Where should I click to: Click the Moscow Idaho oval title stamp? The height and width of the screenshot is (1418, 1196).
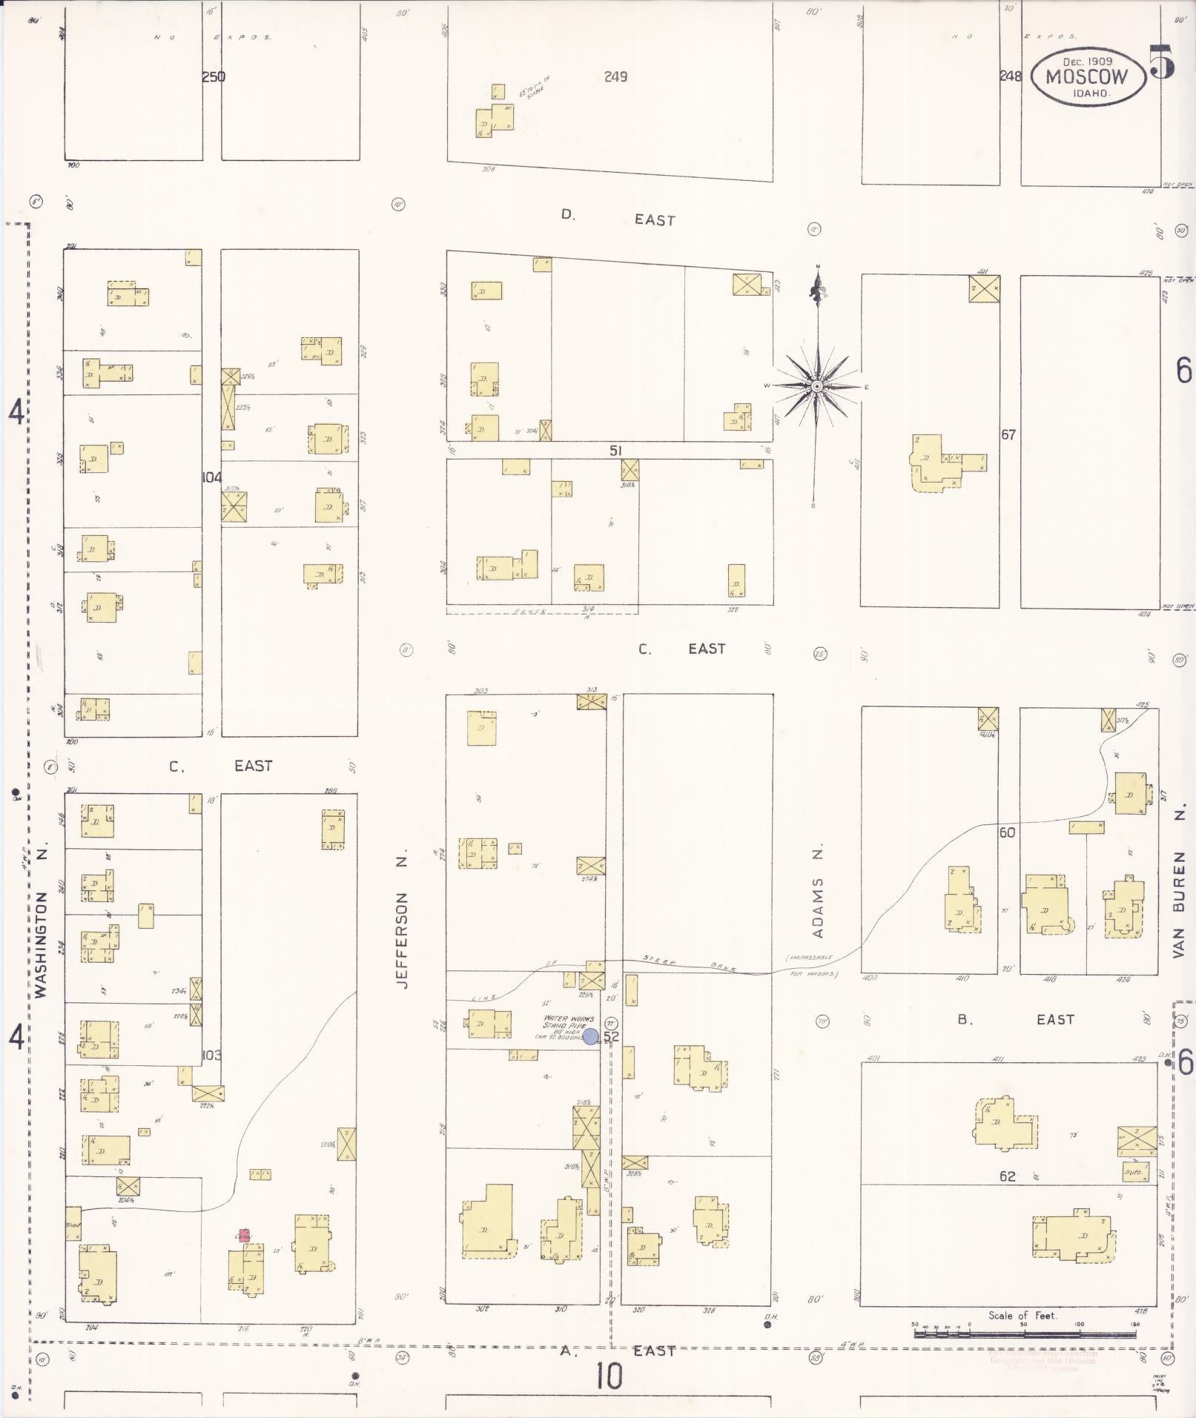click(x=1087, y=77)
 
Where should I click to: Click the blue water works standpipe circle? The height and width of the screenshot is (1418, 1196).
click(x=591, y=1036)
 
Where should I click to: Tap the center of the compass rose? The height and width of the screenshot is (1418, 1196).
click(x=816, y=386)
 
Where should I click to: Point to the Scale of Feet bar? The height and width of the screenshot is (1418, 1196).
click(x=1024, y=1333)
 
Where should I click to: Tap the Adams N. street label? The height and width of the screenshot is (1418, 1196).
click(x=818, y=892)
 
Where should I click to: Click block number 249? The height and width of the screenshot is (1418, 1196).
click(x=615, y=76)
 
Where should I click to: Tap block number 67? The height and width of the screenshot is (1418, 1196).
click(x=1008, y=434)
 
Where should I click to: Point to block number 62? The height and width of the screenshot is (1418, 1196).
click(x=1007, y=1176)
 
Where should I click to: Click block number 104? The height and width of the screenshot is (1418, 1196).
click(x=212, y=477)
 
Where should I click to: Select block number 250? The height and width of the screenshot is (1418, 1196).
click(x=214, y=76)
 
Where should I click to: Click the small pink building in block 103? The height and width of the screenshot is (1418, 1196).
click(x=244, y=1235)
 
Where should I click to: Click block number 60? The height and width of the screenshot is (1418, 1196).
click(x=1007, y=832)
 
